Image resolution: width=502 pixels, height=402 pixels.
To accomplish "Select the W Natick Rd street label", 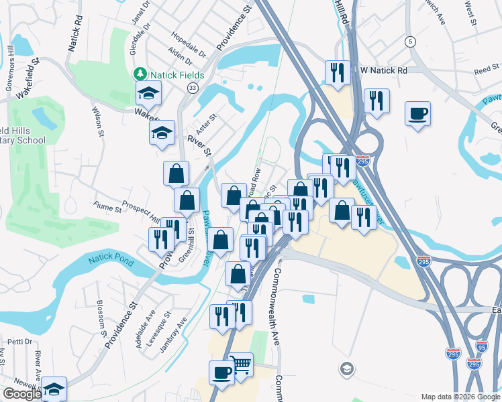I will tap(384, 70).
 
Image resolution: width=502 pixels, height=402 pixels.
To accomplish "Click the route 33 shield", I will tap(193, 88).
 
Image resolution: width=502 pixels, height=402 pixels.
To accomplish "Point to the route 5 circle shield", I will tap(409, 42).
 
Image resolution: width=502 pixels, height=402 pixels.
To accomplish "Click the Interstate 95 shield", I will tap(481, 346).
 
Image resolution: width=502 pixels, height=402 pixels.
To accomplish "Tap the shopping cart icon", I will tap(241, 364).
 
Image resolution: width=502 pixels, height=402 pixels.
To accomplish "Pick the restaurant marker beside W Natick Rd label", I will tap(337, 73).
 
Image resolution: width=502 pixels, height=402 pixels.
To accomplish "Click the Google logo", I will tap(21, 394).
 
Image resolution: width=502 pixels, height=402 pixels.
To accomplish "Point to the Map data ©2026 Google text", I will tap(460, 397).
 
